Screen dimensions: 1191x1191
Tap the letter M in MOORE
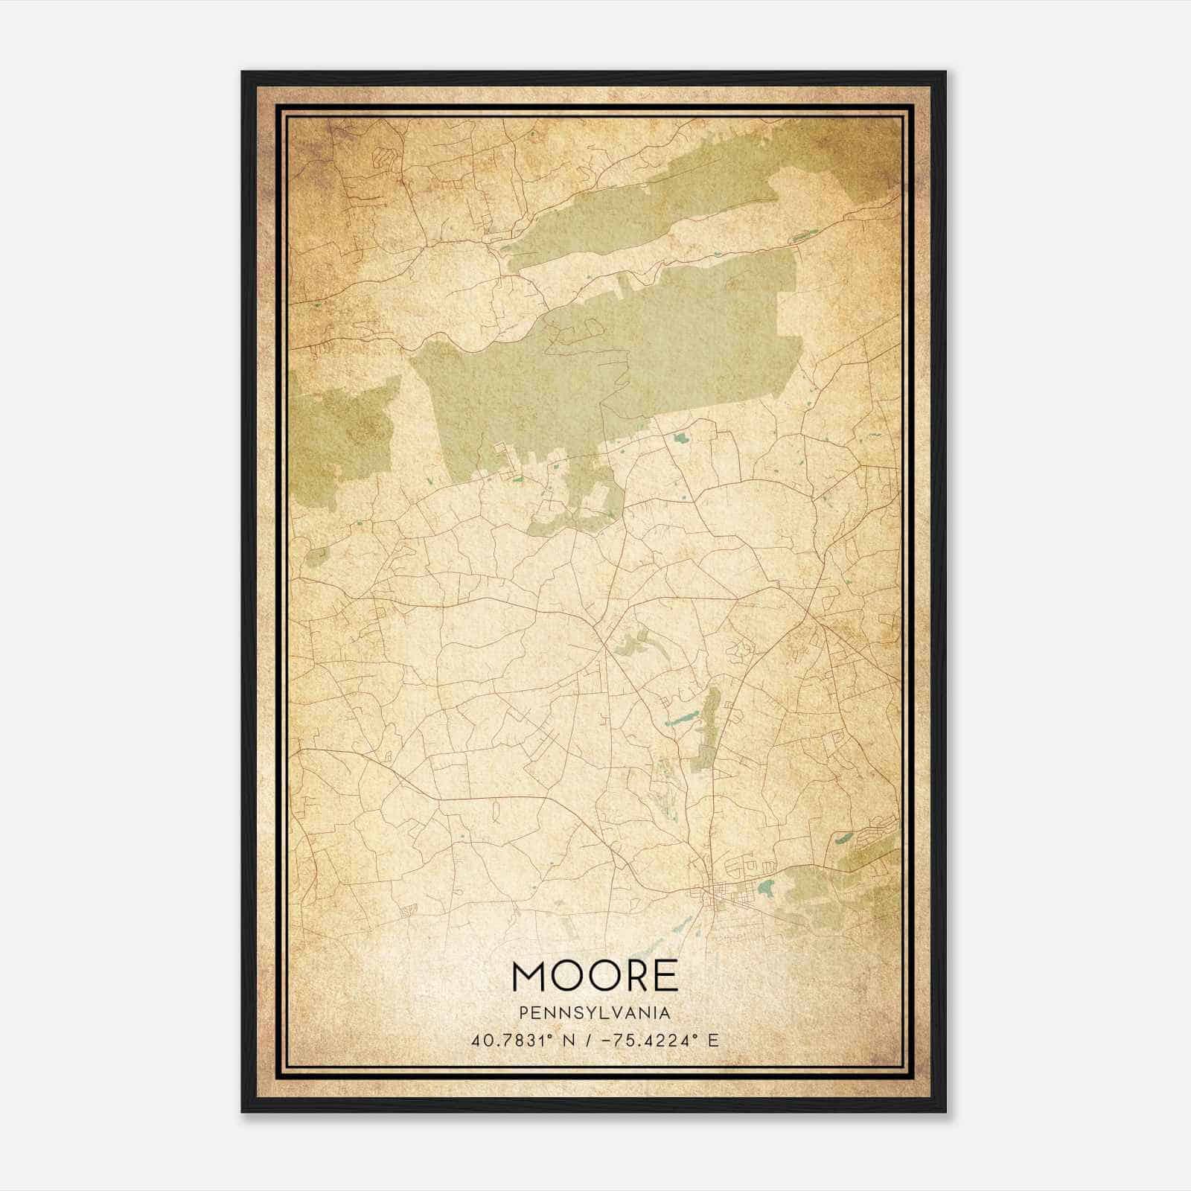[x=530, y=976]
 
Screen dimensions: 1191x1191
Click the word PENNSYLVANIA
[x=595, y=1013]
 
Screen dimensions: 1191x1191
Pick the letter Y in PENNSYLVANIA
[x=590, y=1013]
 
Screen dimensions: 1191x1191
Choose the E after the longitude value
[x=714, y=1041]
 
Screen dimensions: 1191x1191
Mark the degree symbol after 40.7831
[x=548, y=1036]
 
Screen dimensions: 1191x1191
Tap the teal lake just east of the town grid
[x=766, y=887]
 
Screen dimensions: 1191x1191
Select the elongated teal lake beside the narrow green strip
[x=679, y=721]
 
